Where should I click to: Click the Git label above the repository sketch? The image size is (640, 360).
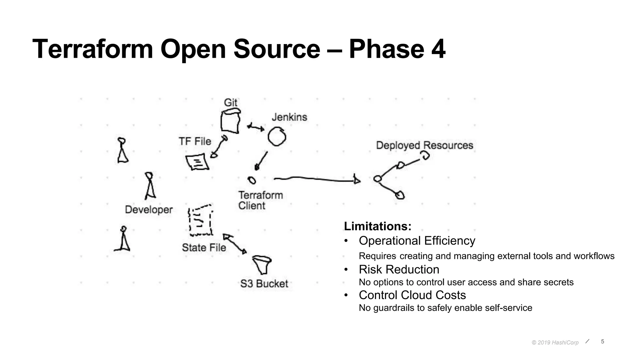[231, 102]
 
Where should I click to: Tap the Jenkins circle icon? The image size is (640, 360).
[277, 137]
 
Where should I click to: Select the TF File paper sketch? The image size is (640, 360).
[197, 162]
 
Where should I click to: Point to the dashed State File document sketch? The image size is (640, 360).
[201, 221]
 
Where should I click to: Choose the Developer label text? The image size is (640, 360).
[149, 209]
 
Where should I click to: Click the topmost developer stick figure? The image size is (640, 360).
[122, 150]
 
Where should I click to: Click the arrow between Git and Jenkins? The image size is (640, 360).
[256, 127]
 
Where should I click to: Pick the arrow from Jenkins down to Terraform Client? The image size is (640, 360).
[262, 161]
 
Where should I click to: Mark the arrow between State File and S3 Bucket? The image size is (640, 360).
[235, 244]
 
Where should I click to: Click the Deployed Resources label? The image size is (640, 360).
[424, 145]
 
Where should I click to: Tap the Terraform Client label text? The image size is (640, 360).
[260, 200]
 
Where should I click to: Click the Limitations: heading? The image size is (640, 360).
[377, 226]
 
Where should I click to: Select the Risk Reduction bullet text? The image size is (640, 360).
[399, 269]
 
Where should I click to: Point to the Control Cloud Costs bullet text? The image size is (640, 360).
[412, 295]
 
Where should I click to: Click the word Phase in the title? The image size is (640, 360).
[386, 49]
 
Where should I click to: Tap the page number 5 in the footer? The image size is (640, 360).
[602, 342]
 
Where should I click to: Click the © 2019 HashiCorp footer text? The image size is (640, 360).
[555, 342]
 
